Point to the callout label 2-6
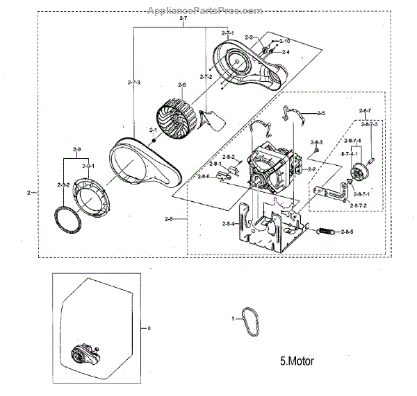[181, 86]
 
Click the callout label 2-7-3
[135, 83]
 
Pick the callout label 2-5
[320, 113]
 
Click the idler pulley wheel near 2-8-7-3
[361, 170]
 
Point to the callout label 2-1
[153, 129]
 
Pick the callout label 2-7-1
[227, 33]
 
